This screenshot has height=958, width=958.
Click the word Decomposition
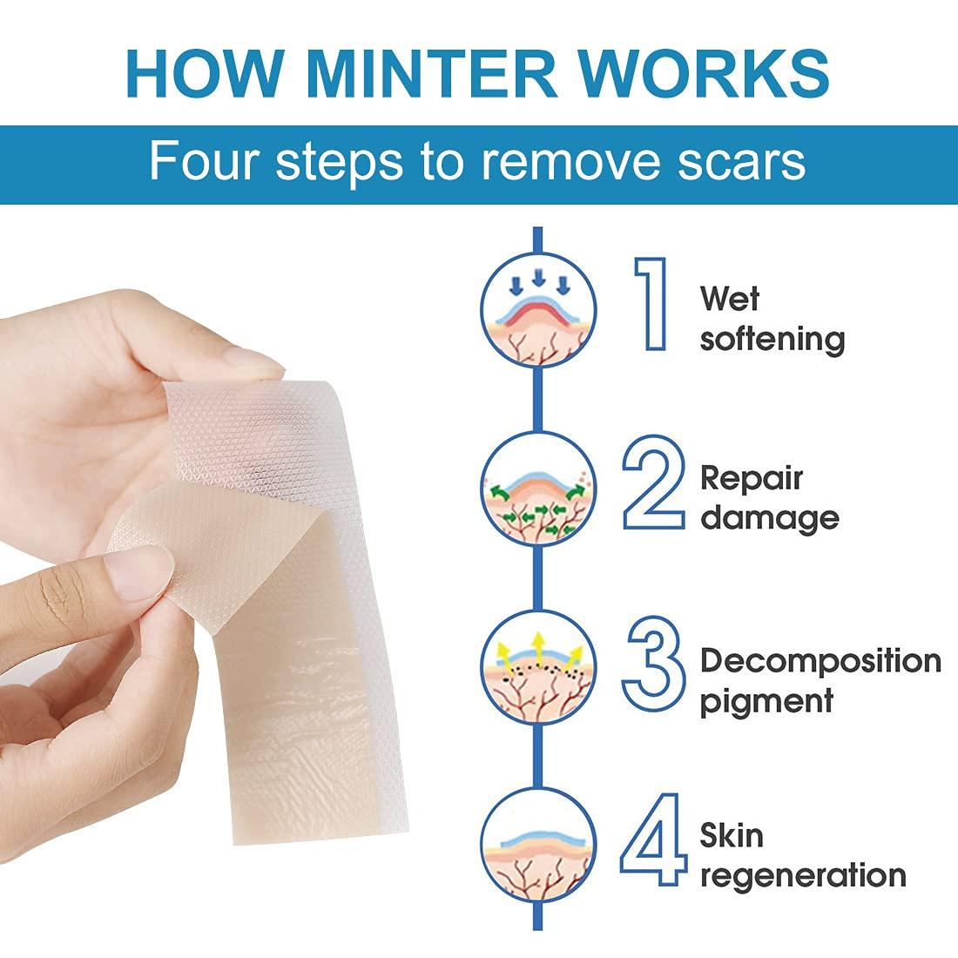point(820,661)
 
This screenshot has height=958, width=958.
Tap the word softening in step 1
point(772,338)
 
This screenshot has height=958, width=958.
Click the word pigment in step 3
point(767,701)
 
